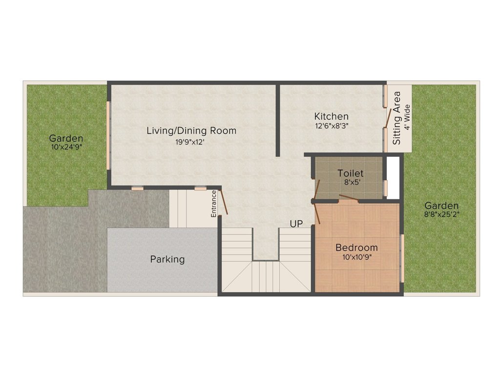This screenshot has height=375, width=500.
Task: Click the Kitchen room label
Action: tap(332, 116)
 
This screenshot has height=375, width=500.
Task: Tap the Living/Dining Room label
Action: tap(191, 131)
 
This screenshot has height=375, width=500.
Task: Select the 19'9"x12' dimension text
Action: tap(190, 142)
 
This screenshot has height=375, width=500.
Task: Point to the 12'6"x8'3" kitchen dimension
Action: tap(332, 125)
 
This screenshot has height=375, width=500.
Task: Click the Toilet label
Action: tap(351, 173)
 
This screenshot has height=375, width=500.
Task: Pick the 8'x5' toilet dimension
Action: tap(351, 183)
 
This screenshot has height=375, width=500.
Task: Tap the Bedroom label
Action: tap(356, 248)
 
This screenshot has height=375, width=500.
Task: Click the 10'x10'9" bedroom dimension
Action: tap(357, 257)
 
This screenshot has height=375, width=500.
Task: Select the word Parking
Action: tap(167, 259)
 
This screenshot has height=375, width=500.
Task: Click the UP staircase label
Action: tap(296, 224)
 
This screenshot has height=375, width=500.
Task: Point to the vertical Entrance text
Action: tap(214, 204)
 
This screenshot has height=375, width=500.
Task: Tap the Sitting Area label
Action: tap(396, 118)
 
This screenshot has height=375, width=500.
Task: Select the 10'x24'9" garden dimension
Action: tap(67, 147)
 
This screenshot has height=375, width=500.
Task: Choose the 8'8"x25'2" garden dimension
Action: tap(441, 214)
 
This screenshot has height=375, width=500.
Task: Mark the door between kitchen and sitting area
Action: tap(388, 118)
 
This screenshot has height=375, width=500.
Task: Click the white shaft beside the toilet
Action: tap(393, 178)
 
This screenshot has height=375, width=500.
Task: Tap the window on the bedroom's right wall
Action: tap(402, 258)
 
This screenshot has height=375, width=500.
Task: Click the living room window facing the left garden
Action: tap(108, 135)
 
